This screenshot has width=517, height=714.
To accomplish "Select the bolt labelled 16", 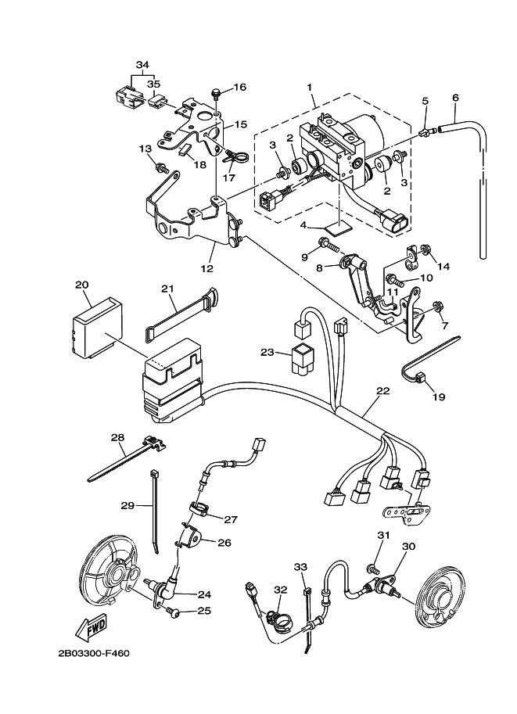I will point(214,95).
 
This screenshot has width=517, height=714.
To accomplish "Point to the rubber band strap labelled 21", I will point(180,317).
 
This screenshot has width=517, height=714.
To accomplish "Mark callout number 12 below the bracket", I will point(206,269).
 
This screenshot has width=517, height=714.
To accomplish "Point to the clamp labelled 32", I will point(276,620).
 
